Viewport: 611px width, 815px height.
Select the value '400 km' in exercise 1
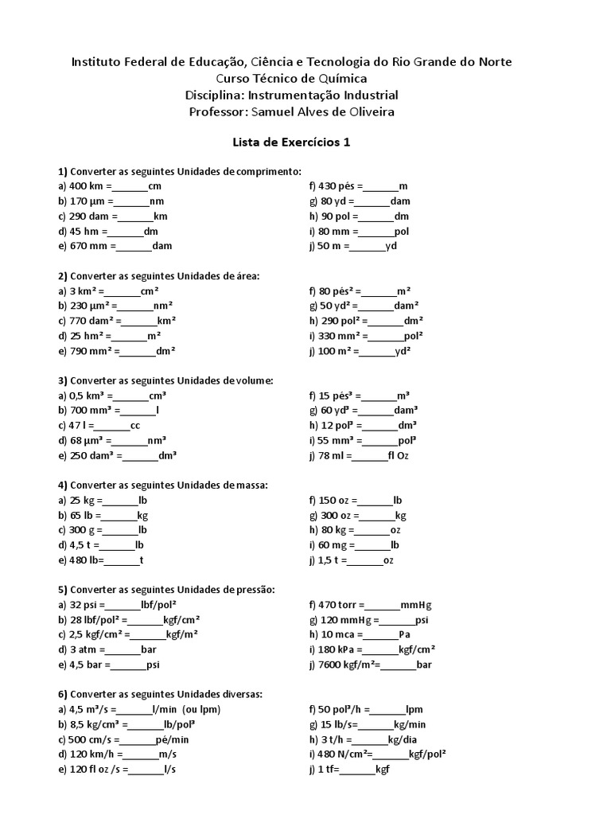[88, 186]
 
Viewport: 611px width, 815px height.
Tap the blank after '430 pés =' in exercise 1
[383, 186]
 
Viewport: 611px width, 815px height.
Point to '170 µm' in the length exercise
[89, 201]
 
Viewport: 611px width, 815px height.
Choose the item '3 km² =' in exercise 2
[88, 291]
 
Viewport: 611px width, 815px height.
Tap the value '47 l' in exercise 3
[80, 426]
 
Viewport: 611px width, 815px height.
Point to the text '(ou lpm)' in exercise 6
[202, 709]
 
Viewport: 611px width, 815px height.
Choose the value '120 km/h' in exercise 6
[92, 754]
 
